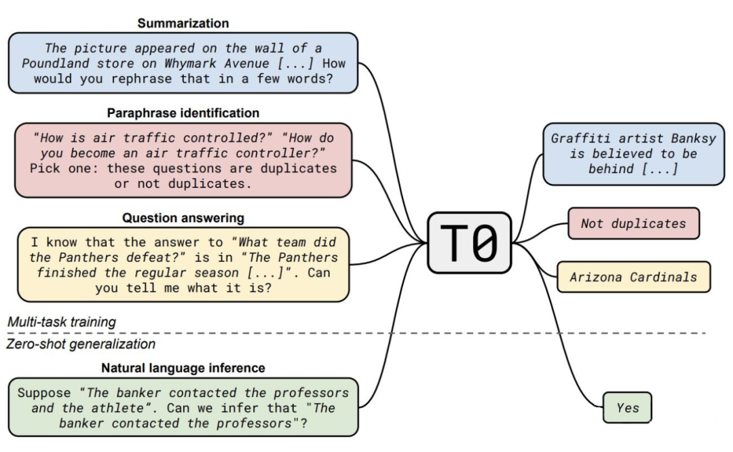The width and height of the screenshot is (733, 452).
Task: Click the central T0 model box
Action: pyautogui.click(x=469, y=242)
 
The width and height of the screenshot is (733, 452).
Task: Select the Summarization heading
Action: pyautogui.click(x=183, y=23)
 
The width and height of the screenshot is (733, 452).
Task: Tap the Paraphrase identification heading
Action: pyautogui.click(x=183, y=113)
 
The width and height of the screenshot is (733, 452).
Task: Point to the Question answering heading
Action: pyautogui.click(x=183, y=218)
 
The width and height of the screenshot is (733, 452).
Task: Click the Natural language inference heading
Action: pyautogui.click(x=183, y=368)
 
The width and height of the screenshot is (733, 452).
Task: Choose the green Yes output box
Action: pyautogui.click(x=628, y=408)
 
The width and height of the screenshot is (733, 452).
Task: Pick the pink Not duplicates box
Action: pyautogui.click(x=633, y=223)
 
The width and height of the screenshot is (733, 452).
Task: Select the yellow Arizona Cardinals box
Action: pyautogui.click(x=633, y=277)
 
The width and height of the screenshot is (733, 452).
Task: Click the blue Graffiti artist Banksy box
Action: pyautogui.click(x=633, y=153)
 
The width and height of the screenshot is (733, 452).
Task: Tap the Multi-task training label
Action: pyautogui.click(x=62, y=322)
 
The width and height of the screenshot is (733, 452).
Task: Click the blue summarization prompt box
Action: pyautogui.click(x=183, y=63)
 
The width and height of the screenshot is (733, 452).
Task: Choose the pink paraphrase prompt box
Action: pyautogui.click(x=183, y=160)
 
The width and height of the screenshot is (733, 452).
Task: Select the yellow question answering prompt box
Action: pyautogui.click(x=183, y=265)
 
